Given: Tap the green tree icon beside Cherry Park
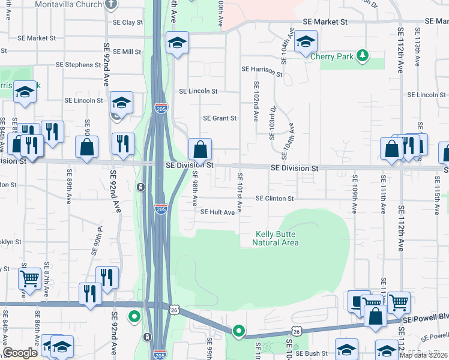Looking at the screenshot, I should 362,56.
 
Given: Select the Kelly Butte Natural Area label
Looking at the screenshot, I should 276,238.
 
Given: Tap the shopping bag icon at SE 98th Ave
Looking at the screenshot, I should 200,148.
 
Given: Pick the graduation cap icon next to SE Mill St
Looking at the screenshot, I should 177,43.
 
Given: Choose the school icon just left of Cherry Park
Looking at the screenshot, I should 306,41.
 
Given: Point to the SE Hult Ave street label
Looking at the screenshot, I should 217,212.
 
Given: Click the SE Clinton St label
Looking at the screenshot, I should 274,199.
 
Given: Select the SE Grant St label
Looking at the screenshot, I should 220,118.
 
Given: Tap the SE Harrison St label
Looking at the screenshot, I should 262,70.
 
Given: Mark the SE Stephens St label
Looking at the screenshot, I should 78,65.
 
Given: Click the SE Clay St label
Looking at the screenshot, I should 128,23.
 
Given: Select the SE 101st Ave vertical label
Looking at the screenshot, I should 240,192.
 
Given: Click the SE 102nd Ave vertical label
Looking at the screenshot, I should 256,101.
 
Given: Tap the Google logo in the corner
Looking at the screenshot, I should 20,353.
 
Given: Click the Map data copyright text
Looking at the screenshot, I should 423,355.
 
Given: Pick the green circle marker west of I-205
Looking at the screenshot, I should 134,316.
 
